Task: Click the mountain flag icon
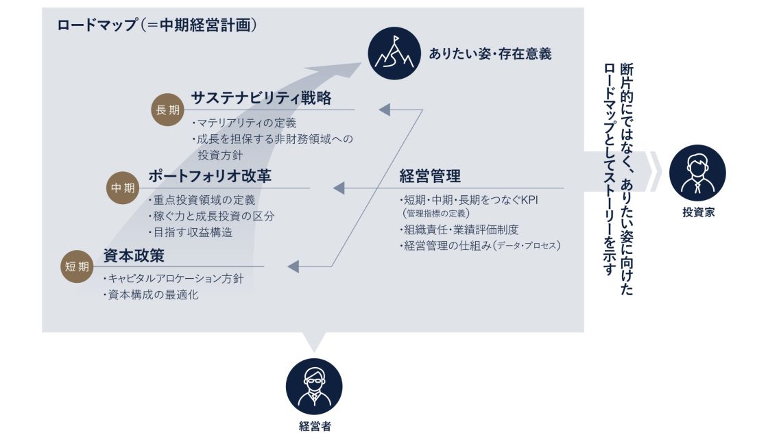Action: pos(394,53)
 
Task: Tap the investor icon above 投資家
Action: pos(697,173)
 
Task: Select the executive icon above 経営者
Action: pos(314,386)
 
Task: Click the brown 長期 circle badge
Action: pos(167,110)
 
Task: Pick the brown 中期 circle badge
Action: pos(123,188)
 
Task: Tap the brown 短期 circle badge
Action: pos(77,266)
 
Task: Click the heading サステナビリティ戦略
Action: pos(261,98)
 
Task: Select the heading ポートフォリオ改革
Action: pos(210,175)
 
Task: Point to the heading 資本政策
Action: pos(133,255)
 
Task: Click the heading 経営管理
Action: pos(430,175)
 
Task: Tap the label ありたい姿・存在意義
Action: pos(490,54)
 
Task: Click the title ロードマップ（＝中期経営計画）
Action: pos(157,25)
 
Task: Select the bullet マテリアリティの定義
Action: pos(244,123)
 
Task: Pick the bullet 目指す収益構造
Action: pos(191,232)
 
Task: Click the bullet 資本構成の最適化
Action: pos(151,295)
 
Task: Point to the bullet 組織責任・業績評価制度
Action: pos(459,229)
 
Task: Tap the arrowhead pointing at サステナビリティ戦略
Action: pos(385,110)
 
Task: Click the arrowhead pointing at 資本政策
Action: pos(293,266)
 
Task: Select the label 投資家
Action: pos(699,212)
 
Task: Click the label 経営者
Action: pos(315,426)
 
